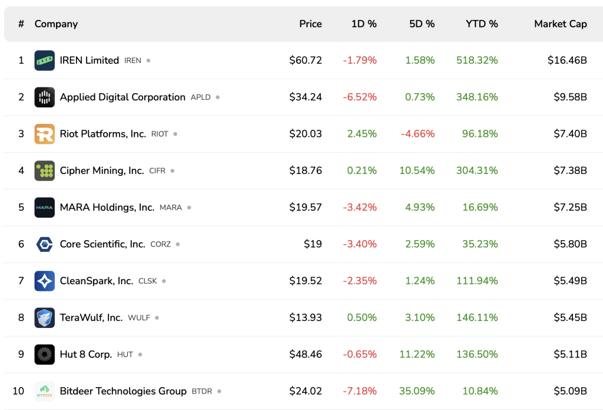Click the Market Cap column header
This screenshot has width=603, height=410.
point(560,24)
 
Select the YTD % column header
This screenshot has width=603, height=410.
point(482,24)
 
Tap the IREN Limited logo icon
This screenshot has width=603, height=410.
point(45,60)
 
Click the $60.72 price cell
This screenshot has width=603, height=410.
point(306,60)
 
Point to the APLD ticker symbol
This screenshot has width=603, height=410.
point(200,97)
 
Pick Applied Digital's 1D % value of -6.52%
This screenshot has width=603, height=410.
point(360,97)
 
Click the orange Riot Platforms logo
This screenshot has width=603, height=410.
point(45,134)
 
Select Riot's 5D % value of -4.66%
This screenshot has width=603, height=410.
point(418,134)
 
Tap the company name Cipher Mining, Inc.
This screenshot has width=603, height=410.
point(102,170)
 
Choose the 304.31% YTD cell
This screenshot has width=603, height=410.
point(477,170)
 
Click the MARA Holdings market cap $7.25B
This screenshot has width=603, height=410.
point(570,207)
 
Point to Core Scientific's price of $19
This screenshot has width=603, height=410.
point(313,244)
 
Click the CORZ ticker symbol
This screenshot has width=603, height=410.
point(160,244)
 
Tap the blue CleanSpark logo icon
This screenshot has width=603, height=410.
point(45,281)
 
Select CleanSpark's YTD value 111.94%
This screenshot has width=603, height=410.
point(477,281)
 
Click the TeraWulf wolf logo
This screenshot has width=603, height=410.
point(45,317)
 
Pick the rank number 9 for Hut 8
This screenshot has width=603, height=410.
point(21,355)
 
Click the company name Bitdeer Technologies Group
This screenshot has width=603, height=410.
point(123,391)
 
